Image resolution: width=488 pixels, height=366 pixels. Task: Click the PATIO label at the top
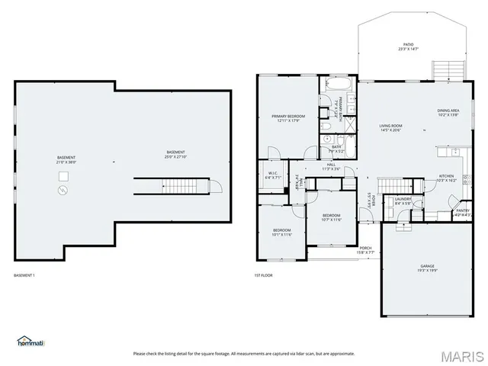tap(409, 46)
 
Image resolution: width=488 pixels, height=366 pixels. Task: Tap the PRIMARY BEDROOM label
tap(287, 118)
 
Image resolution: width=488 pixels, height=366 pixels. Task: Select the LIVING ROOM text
tap(390, 127)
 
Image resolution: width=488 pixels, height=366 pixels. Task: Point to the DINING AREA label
tap(448, 112)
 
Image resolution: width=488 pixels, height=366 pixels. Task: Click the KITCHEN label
tap(446, 178)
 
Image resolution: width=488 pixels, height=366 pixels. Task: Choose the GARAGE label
tap(427, 268)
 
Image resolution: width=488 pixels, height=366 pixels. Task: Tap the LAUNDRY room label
tap(403, 201)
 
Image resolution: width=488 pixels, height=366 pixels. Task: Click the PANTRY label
tap(462, 213)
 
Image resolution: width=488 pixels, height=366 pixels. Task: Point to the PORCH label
tap(366, 249)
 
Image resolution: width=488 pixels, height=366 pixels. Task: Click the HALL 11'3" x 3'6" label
tap(331, 166)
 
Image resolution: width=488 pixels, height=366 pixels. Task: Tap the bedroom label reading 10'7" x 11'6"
tap(331, 217)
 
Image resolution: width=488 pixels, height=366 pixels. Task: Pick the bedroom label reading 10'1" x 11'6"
tap(282, 232)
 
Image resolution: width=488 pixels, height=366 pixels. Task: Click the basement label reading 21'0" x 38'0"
tap(66, 160)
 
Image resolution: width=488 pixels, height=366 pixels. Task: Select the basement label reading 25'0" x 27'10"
tap(176, 154)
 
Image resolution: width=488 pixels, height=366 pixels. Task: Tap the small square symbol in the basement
tap(64, 177)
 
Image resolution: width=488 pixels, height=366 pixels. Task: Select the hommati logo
tap(31, 341)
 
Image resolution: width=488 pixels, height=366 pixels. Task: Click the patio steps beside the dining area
tap(445, 71)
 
